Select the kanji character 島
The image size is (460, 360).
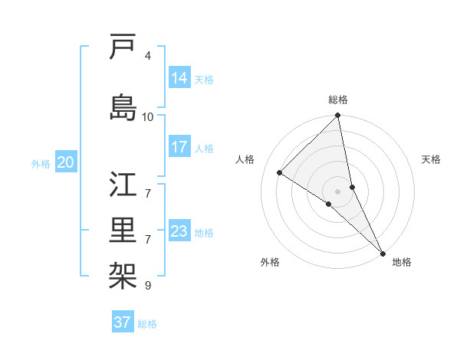(x=123, y=106)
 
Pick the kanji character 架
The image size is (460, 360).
(x=123, y=272)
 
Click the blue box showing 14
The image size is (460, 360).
(x=179, y=78)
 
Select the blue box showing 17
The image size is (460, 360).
(x=179, y=147)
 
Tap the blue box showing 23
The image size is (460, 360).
(x=179, y=231)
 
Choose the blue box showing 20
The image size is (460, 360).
(x=66, y=162)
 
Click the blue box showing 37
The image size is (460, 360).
(x=123, y=322)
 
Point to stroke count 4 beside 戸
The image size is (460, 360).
(x=147, y=56)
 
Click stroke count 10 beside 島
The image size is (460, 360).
(x=148, y=116)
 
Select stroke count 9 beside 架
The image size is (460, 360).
(x=147, y=286)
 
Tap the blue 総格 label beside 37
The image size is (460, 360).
(x=147, y=324)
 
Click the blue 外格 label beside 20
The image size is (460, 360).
(x=41, y=163)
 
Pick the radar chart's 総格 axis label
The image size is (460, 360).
(x=338, y=100)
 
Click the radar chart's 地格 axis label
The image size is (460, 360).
(x=402, y=263)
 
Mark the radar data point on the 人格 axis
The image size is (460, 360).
(x=280, y=172)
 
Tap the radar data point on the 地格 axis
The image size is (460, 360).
(x=383, y=252)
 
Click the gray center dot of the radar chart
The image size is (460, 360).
(x=337, y=191)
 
